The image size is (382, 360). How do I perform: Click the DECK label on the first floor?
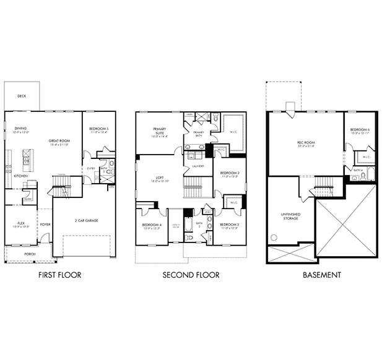tap(22, 96)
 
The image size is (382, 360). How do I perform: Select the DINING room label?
tap(20, 129)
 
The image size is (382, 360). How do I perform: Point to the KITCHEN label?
tap(20, 176)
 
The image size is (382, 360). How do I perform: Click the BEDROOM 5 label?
tap(98, 129)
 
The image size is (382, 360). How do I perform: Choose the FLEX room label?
tap(20, 224)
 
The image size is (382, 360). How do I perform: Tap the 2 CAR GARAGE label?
tap(88, 221)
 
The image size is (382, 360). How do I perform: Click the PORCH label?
tap(30, 254)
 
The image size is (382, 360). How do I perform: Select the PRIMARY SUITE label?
tap(160, 131)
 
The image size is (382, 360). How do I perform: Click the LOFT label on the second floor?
tap(160, 177)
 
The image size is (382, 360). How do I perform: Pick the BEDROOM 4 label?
tap(151, 225)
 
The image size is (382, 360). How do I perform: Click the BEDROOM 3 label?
tap(229, 225)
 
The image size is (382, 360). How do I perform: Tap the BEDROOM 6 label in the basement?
tap(359, 129)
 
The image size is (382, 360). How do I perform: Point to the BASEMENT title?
tap(321, 275)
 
